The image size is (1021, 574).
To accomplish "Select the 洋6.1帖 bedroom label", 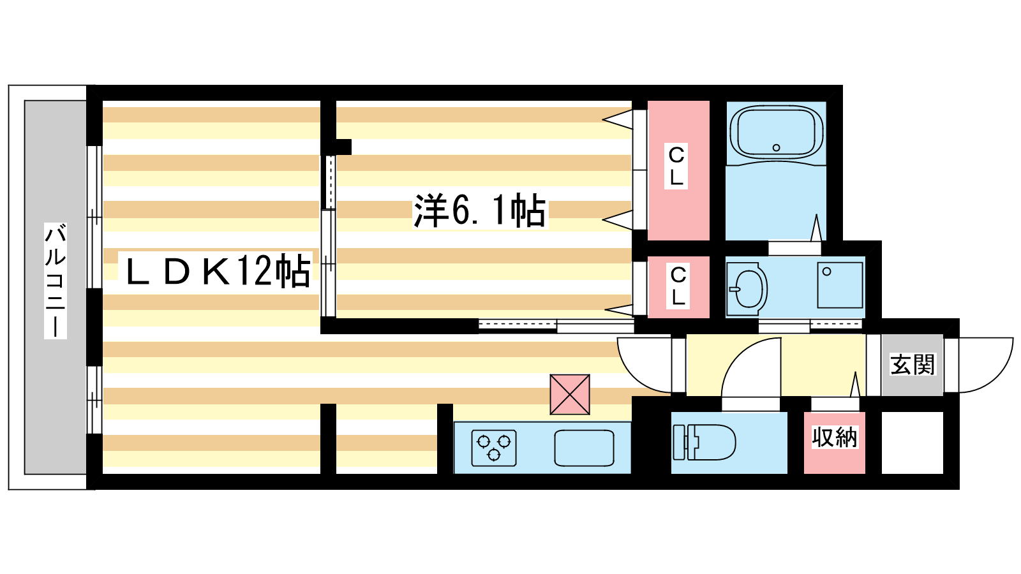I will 479,210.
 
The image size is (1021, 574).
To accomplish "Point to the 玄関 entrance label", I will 912,365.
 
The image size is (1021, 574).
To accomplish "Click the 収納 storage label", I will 834,438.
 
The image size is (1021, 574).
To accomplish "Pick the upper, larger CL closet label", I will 676,166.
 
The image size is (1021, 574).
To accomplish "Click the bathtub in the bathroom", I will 776,134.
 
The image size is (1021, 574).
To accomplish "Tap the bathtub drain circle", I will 776,147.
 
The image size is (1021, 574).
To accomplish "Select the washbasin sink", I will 747,288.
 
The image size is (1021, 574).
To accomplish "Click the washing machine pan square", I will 840,285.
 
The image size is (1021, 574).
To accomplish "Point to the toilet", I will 704,441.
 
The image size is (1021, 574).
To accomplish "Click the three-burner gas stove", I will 493,447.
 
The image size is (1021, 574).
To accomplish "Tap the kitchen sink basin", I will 584,448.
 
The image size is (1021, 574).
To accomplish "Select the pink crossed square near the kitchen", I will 569,394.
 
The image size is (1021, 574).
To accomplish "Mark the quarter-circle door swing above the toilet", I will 753,370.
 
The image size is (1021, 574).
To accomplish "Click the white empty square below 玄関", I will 912,443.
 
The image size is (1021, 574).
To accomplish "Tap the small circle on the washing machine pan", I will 826,272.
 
